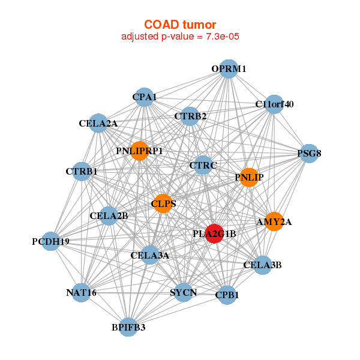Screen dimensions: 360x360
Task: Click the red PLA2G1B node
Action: [x=214, y=234]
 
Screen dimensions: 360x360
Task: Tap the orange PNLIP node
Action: [x=249, y=177]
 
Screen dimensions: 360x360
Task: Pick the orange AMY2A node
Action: [x=274, y=221]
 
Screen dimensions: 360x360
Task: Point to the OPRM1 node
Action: [x=227, y=69]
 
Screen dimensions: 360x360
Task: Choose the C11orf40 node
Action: [x=274, y=104]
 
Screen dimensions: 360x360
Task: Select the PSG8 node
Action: [x=308, y=153]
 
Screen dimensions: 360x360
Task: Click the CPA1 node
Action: [x=144, y=97]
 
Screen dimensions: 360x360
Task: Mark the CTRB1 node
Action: [x=81, y=171]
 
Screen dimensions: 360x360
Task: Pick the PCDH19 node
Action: [x=51, y=241]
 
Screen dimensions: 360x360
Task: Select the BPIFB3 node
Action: [x=128, y=327]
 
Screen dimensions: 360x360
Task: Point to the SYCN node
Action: [x=183, y=292]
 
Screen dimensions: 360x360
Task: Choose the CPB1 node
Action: [x=226, y=295]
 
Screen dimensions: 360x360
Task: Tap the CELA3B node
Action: [x=262, y=265]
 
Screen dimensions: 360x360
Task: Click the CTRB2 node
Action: [x=190, y=116]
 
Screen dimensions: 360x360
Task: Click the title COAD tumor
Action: [x=180, y=25]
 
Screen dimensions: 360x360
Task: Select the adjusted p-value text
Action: [x=181, y=37]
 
